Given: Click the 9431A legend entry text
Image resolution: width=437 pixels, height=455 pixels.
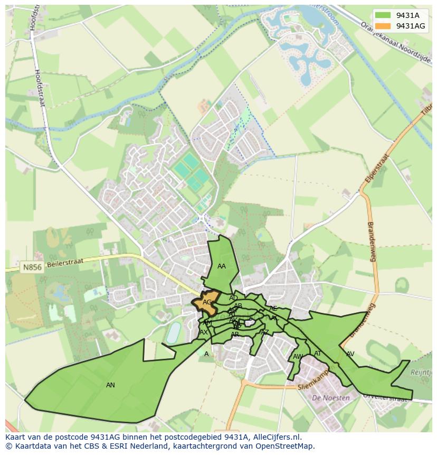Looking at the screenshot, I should [407, 15].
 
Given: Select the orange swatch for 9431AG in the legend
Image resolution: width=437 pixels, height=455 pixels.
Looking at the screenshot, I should [384, 26].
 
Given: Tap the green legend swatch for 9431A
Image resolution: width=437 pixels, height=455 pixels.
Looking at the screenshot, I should [384, 15].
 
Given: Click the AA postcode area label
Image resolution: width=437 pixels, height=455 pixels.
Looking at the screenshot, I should [222, 266].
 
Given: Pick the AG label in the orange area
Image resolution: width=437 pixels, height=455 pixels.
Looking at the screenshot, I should [207, 302].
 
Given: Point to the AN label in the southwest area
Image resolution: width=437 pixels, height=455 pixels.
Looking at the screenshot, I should [110, 385].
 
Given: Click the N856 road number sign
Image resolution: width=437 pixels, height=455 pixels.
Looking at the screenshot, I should [32, 267].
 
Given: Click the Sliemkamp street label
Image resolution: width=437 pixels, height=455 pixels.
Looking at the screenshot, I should [313, 380].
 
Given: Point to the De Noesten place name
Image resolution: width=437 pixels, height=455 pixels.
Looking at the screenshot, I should [330, 398].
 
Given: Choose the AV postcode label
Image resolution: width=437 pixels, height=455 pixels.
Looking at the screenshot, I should [350, 354].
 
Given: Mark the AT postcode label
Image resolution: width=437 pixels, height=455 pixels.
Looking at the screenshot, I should [318, 354].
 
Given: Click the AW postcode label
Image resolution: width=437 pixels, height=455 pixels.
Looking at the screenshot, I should [298, 357].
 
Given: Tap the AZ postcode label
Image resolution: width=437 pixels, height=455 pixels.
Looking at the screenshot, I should [265, 332].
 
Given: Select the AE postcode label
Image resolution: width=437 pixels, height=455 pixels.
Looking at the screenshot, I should [273, 309].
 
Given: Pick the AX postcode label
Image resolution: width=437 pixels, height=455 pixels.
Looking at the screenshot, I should [204, 332].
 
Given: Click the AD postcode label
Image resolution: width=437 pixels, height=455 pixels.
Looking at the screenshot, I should [233, 298].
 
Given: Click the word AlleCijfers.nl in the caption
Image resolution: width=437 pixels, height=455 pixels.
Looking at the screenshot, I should [277, 437].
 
